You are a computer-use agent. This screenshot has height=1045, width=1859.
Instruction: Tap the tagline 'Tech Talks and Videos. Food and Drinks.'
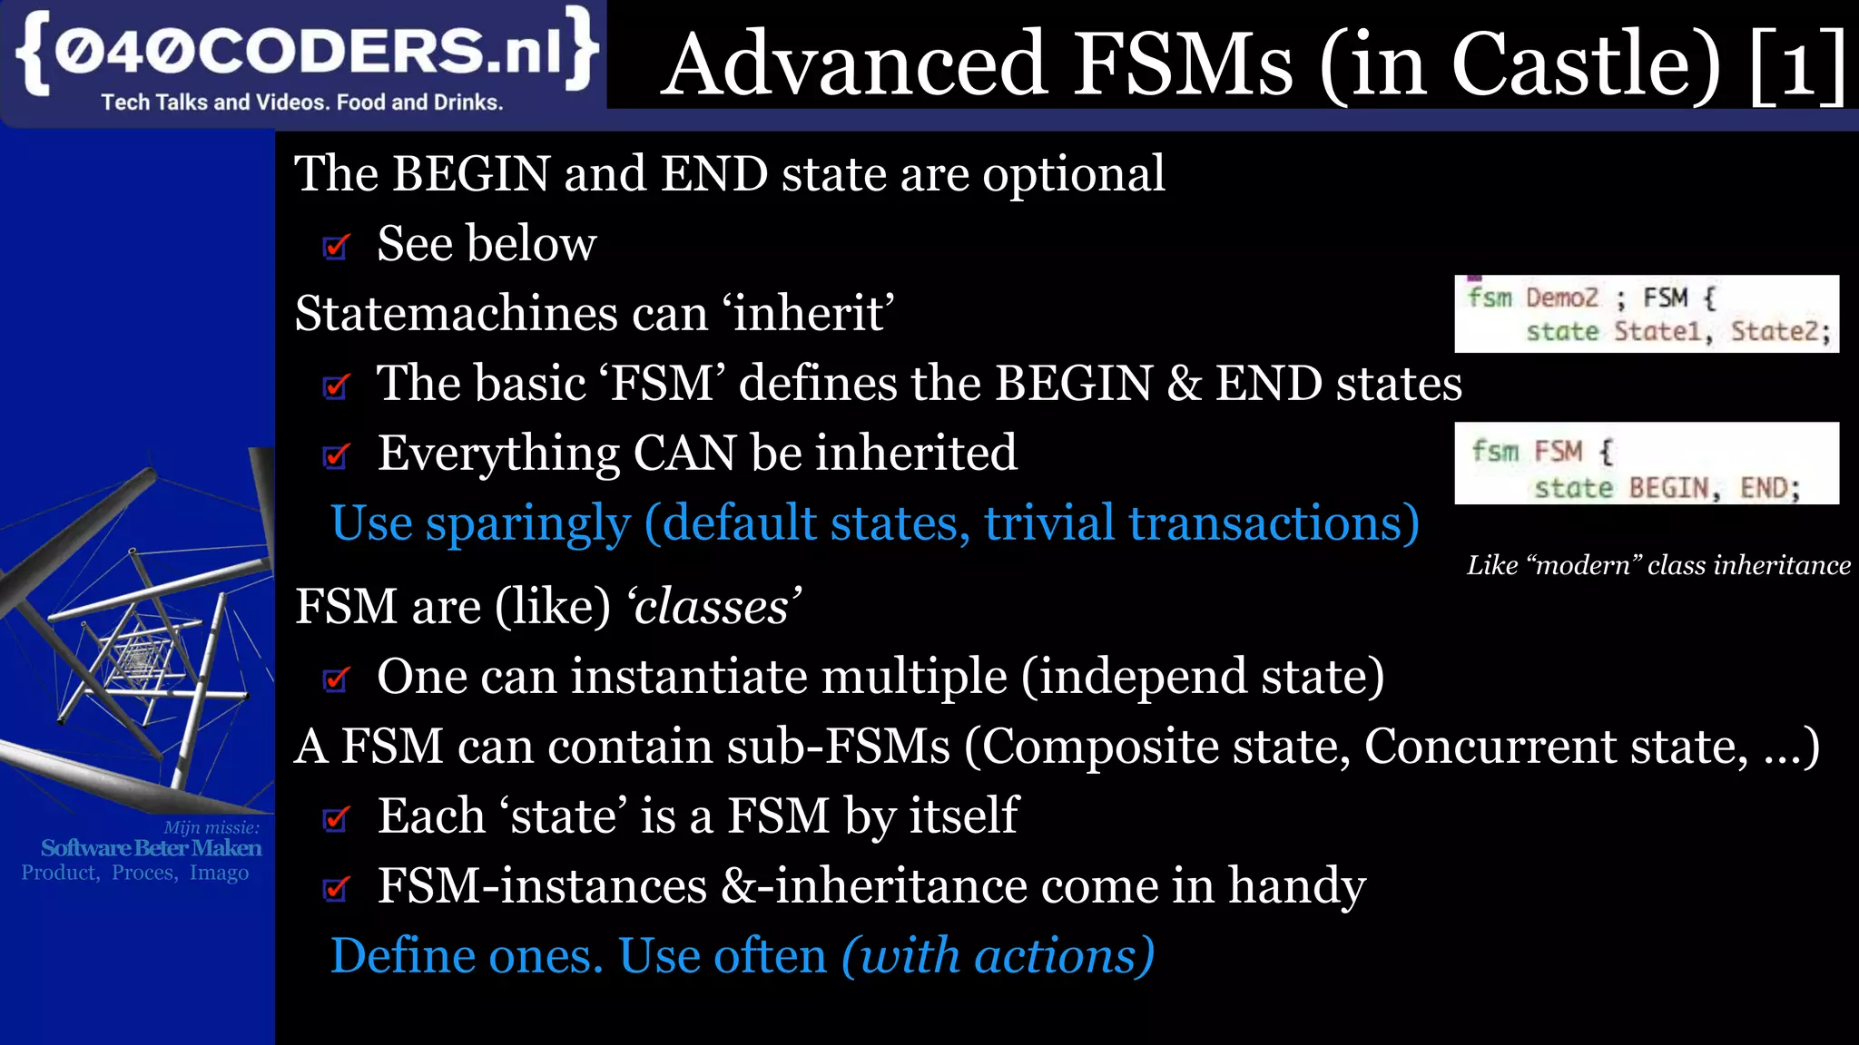(301, 103)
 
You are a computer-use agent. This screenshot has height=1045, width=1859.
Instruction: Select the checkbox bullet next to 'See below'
(337, 246)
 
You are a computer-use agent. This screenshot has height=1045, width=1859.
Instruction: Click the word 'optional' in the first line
(1074, 173)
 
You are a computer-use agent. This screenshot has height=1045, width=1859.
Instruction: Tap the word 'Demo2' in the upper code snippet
(1561, 298)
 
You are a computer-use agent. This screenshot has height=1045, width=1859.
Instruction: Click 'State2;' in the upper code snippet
(1781, 331)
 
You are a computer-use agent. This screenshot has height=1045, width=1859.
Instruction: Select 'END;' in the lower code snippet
(1770, 488)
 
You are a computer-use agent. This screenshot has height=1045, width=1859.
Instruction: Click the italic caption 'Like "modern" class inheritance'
(1658, 565)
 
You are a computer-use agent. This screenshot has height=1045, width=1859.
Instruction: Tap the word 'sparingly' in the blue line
(527, 524)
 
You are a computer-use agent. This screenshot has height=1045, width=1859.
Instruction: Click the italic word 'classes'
(713, 606)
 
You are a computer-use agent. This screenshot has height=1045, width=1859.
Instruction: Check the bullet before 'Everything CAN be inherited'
(337, 455)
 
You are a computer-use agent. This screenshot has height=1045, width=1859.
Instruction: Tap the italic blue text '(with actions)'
(998, 956)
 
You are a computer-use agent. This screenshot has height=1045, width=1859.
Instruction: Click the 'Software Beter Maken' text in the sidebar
(151, 848)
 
